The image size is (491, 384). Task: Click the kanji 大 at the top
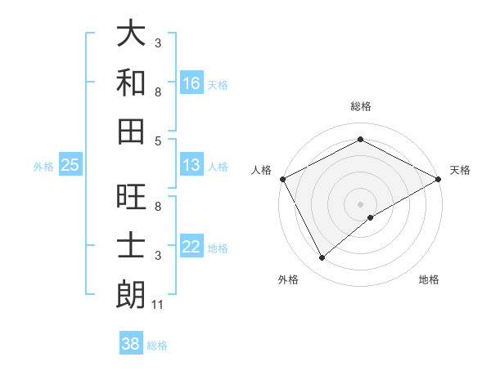tap(131, 34)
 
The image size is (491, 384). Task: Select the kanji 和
tap(131, 83)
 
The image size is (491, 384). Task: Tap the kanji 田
tap(131, 131)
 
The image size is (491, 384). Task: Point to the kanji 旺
tap(131, 199)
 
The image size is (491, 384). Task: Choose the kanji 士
tap(131, 247)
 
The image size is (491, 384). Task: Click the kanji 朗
tap(131, 295)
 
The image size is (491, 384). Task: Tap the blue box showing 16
tap(191, 83)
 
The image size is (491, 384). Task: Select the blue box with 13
tap(191, 166)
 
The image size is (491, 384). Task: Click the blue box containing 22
tap(191, 248)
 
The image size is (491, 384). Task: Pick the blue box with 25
tap(70, 166)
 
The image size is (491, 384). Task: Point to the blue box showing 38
tap(131, 345)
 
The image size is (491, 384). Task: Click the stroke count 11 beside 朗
tap(159, 305)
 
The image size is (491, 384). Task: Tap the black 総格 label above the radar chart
tap(360, 106)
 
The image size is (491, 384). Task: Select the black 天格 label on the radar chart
tap(460, 170)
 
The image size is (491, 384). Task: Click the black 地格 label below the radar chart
tap(429, 279)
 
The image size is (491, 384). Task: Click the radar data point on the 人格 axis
tap(282, 178)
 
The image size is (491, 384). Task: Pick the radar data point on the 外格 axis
tap(322, 258)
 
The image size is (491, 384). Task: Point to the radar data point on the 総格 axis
tap(360, 140)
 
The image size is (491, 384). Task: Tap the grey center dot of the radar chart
tap(360, 203)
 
